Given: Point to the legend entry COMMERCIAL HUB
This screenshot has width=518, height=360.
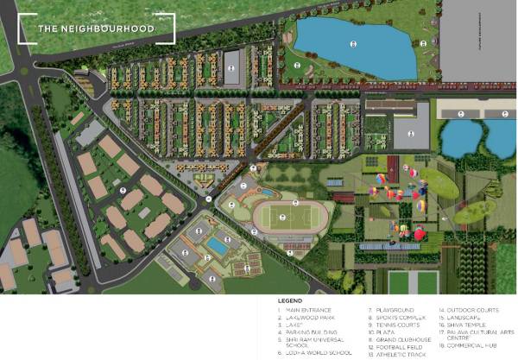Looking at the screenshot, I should tap(470, 345).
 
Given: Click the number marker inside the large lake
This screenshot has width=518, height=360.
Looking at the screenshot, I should tap(351, 42).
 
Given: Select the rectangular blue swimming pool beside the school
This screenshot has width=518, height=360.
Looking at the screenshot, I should tap(219, 247).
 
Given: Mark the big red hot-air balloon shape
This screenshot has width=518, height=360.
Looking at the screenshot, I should tap(419, 233).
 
